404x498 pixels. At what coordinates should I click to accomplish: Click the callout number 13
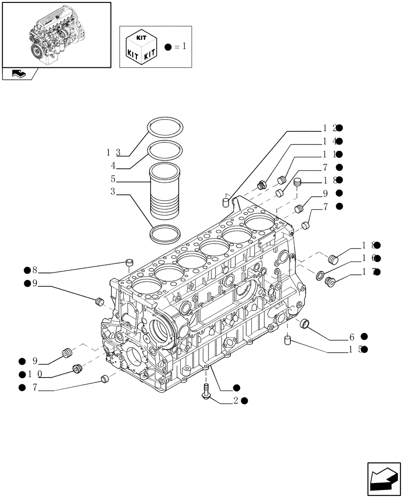113,151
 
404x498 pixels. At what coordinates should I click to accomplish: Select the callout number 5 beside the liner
113,179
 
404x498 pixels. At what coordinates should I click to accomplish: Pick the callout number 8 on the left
34,270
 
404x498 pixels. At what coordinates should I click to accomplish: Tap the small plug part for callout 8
130,262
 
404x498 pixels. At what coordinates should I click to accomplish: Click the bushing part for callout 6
305,324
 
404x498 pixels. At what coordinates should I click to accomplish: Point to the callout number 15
354,350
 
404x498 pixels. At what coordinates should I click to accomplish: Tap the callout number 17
368,272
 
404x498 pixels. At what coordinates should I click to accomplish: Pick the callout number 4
113,165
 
